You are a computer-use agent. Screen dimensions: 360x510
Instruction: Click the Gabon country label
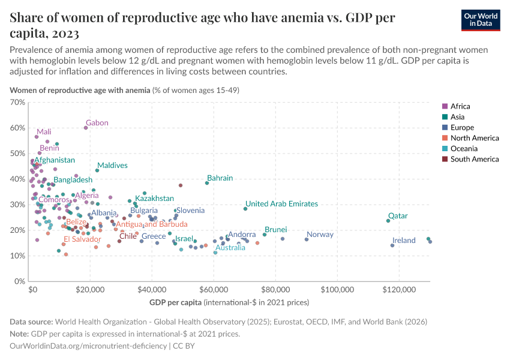click(x=97, y=123)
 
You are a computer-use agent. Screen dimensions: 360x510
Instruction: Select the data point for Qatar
click(x=388, y=221)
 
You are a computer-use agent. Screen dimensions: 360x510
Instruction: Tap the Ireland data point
click(x=392, y=245)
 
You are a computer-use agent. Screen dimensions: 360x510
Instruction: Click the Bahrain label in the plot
click(x=220, y=178)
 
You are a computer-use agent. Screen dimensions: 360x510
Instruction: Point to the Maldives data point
click(x=97, y=170)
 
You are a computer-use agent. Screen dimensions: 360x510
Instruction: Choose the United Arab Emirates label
click(x=281, y=204)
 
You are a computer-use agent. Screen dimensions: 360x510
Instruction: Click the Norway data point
click(x=307, y=239)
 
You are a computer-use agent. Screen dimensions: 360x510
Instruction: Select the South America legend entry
click(x=474, y=159)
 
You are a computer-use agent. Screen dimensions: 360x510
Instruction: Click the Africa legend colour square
click(x=445, y=107)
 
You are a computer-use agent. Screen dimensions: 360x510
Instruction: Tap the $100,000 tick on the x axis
click(x=337, y=289)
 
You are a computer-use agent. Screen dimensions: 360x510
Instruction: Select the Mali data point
click(x=37, y=137)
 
